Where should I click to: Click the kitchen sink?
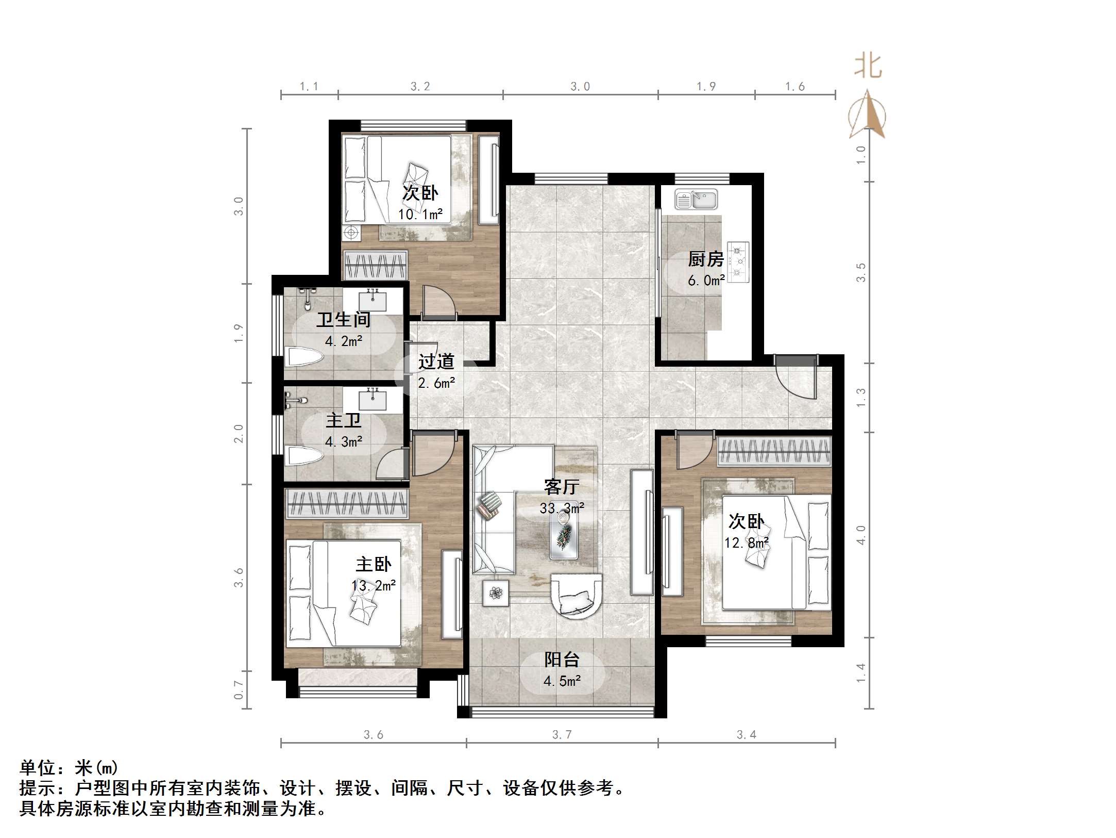(x=697, y=200)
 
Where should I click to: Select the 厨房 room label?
(x=705, y=259)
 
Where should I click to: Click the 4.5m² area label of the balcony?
(x=562, y=681)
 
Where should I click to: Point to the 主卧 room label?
(x=373, y=564)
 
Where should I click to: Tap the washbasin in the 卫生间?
(x=373, y=300)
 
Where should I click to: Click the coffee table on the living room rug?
(x=563, y=537)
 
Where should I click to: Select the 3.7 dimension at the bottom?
(x=562, y=735)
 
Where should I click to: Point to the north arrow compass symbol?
(x=868, y=116)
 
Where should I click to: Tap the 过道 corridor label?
(x=436, y=362)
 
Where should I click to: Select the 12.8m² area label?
(x=746, y=543)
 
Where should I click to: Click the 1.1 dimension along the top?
(x=309, y=87)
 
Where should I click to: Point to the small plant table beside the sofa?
(x=496, y=593)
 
